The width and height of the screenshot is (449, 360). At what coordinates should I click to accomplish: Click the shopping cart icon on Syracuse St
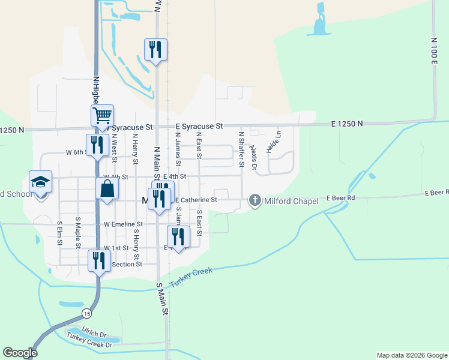[x=103, y=115]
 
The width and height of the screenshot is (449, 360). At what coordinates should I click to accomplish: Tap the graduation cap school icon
[x=41, y=181]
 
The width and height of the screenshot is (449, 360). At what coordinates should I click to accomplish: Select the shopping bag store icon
[x=107, y=188]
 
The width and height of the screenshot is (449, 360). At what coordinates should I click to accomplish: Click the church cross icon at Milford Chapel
[x=255, y=200]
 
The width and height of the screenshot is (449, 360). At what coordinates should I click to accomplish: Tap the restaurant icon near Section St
[x=99, y=260]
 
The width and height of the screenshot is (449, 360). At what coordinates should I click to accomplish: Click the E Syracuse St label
[x=199, y=126]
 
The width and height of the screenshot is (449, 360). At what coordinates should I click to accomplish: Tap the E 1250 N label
[x=347, y=124]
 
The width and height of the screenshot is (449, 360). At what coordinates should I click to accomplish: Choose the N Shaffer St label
[x=241, y=149]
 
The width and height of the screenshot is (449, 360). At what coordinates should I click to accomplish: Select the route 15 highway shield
[x=87, y=313]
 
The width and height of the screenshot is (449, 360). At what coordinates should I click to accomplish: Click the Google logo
[x=20, y=353]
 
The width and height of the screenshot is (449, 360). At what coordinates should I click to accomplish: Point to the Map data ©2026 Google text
[x=411, y=355]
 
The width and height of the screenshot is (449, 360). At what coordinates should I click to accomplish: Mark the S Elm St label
[x=59, y=235]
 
